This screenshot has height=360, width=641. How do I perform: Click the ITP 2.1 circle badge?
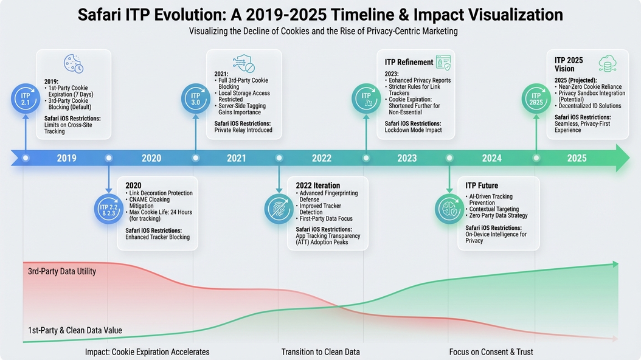26,98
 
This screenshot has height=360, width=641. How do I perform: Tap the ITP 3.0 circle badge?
196,98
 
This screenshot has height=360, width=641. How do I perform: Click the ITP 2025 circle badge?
536,98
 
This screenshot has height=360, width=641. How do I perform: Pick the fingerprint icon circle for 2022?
279,209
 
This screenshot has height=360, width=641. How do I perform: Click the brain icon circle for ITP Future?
449,209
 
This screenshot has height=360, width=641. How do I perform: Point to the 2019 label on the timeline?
67,158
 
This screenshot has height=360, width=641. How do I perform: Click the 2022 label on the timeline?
322,158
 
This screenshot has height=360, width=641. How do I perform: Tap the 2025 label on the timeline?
577,158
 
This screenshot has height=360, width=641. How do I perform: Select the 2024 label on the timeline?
491,158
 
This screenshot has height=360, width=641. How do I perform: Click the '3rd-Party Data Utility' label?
62,271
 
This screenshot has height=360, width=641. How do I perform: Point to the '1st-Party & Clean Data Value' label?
75,330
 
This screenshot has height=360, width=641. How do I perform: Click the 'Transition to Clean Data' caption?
320,352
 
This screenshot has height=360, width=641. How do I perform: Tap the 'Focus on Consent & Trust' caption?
491,352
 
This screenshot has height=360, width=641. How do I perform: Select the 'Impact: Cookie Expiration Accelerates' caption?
147,352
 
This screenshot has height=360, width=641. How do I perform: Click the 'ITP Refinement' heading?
409,62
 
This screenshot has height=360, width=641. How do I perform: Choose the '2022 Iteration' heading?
317,185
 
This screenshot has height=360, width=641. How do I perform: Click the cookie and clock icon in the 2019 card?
74,64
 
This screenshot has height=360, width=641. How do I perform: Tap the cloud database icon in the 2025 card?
607,63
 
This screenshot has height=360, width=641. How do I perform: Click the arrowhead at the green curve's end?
615,264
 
